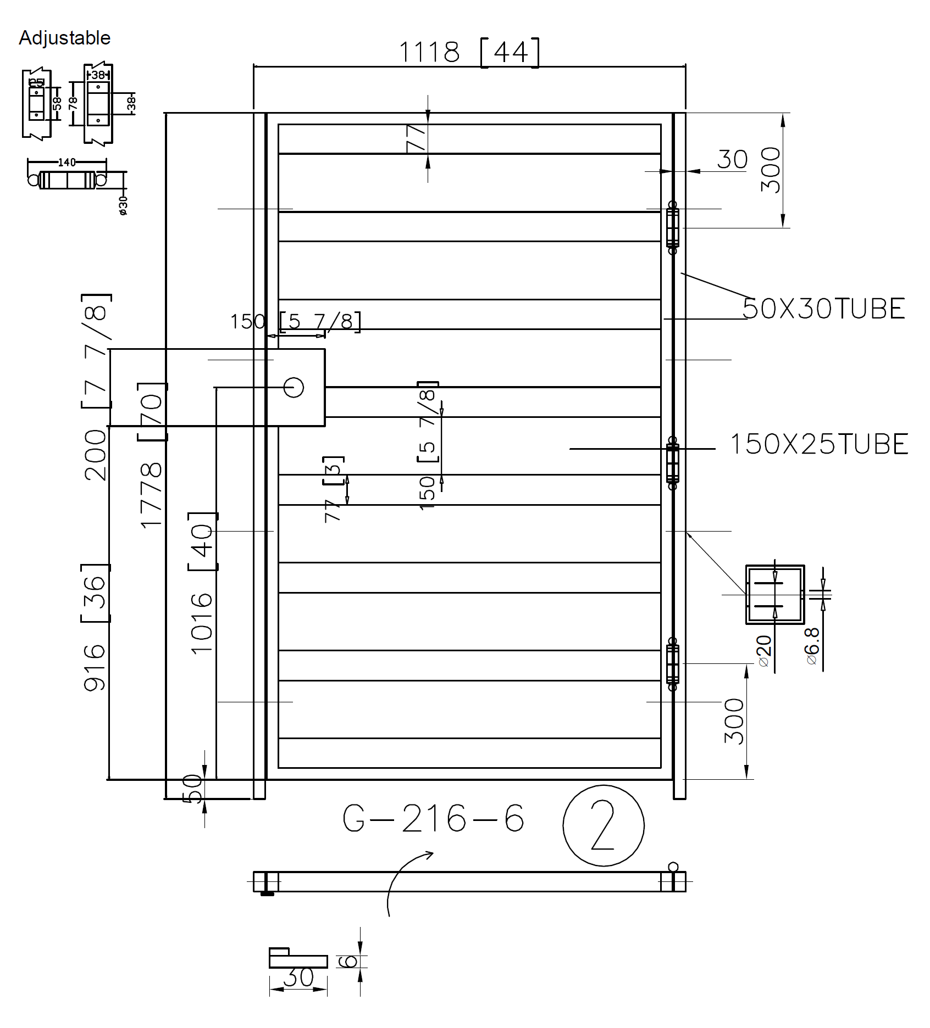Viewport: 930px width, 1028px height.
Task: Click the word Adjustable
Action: (x=64, y=38)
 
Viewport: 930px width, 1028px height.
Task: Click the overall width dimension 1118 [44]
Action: (x=468, y=53)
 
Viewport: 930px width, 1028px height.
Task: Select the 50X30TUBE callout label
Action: (x=823, y=309)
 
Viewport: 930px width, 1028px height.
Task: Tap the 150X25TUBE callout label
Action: (x=818, y=444)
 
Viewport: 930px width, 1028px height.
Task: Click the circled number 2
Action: (x=603, y=825)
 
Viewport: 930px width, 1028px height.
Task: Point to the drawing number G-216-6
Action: (x=433, y=819)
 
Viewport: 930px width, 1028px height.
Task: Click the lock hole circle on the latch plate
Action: (x=294, y=387)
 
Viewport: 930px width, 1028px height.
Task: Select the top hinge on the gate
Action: (x=672, y=227)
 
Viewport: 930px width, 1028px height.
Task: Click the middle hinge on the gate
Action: (x=672, y=463)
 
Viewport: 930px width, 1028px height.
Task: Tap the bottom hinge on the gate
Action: (x=672, y=663)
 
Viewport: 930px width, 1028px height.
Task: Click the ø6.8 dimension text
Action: (x=812, y=646)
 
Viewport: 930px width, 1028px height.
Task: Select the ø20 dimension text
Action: (x=764, y=651)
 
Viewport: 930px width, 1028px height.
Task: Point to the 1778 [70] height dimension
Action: (x=152, y=456)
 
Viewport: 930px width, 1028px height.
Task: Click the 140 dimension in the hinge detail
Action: (x=67, y=162)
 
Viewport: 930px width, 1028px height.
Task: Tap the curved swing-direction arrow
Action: (x=404, y=879)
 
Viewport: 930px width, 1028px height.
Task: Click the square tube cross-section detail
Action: (x=774, y=594)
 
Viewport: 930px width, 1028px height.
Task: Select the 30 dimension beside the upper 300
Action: (x=732, y=160)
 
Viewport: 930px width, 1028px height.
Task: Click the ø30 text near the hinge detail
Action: (x=123, y=205)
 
